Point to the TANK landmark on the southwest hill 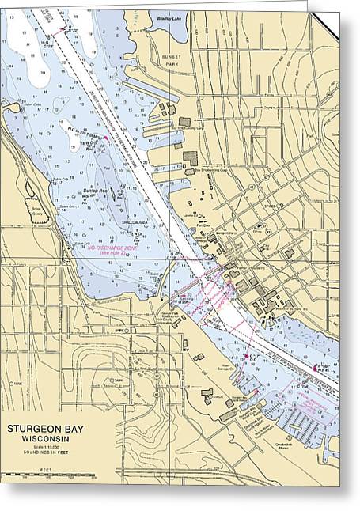tap(119, 380)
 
